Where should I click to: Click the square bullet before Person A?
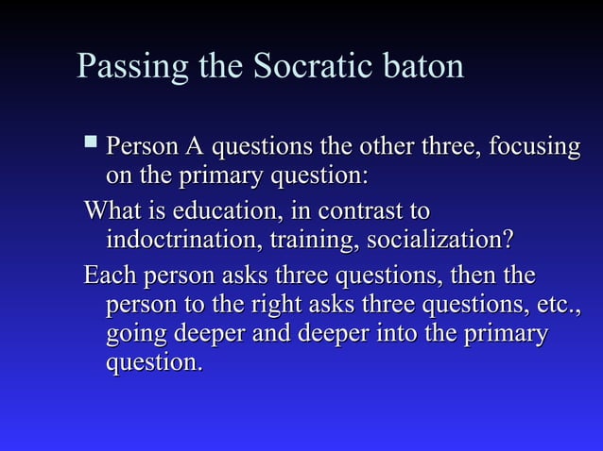click(90, 143)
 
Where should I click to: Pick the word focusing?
click(533, 148)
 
